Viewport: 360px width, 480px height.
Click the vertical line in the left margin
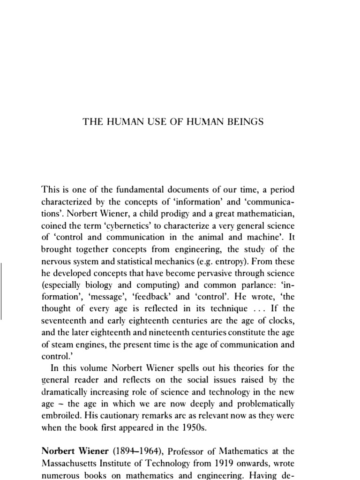click(2, 291)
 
